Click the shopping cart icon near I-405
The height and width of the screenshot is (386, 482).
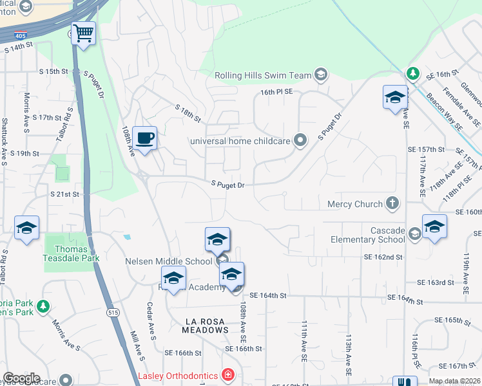83,33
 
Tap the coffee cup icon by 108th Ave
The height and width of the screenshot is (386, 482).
145,138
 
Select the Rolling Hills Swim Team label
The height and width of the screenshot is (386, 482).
263,75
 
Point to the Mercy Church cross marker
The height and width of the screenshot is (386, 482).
392,204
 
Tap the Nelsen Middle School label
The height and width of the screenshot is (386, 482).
168,261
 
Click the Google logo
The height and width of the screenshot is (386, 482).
21,378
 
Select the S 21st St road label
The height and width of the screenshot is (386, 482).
64,194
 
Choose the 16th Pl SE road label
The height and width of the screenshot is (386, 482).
276,92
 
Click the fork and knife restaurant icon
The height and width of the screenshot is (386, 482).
405,381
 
